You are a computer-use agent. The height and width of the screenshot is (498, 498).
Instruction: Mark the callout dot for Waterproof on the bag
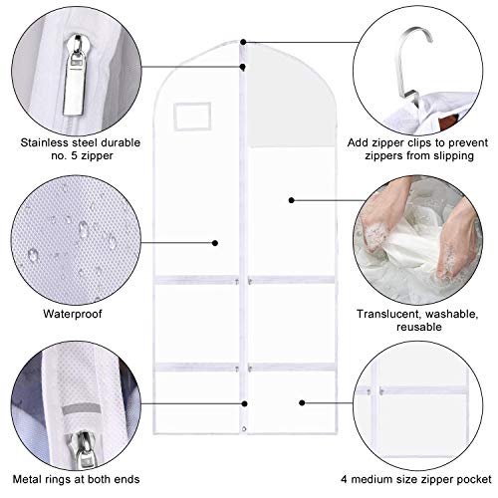click(217, 242)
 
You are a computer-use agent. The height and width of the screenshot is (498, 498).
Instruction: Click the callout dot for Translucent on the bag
click(291, 199)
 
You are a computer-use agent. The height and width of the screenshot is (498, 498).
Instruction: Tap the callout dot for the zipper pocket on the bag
click(301, 404)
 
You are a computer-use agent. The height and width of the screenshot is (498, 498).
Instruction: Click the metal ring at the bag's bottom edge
click(245, 459)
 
